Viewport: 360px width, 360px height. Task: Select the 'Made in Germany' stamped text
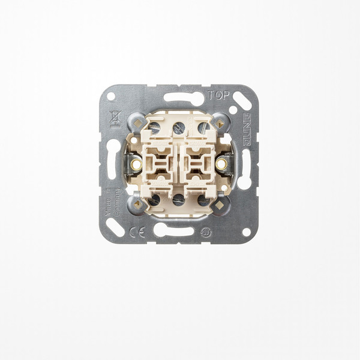coord(111,205)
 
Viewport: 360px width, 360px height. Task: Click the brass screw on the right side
coord(222,163)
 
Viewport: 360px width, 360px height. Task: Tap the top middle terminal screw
coord(179,127)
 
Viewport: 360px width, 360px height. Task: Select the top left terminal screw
coord(154,127)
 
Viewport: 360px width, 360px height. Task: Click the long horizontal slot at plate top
coord(184,98)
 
